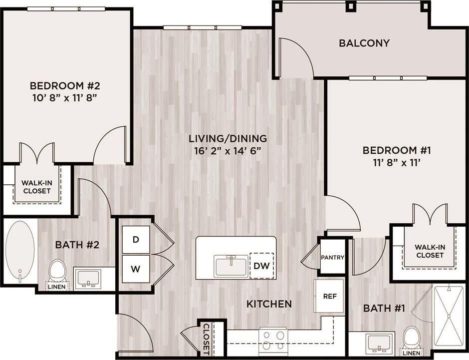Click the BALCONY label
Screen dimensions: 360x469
364,43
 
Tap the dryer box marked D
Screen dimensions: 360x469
136,240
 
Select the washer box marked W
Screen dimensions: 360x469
136,269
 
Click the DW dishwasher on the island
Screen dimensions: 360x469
261,266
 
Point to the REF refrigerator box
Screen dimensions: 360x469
329,296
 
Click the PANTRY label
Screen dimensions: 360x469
332,258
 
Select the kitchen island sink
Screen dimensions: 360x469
231,266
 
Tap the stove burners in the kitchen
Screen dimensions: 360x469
273,340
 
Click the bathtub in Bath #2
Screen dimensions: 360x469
20,250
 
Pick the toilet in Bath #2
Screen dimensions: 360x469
57,272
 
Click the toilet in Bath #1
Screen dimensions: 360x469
411,338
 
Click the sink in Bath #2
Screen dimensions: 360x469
88,278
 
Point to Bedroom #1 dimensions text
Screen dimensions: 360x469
397,162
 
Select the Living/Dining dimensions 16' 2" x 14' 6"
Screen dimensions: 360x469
228,150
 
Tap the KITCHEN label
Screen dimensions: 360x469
269,304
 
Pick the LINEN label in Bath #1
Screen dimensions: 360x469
411,354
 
